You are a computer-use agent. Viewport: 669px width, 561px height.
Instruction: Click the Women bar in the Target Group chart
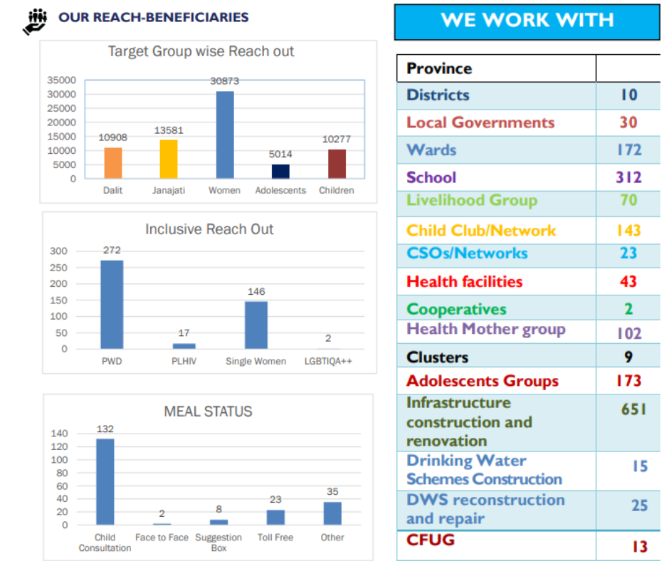pos(225,135)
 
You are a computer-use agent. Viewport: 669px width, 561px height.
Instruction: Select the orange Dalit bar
pos(113,163)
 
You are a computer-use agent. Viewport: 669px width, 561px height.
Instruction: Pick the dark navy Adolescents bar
pos(280,171)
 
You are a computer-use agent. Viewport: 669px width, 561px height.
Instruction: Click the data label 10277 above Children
pos(337,140)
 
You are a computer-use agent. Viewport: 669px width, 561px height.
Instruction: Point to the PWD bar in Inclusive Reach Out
pos(112,305)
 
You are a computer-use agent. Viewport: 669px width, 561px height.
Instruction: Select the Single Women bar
pos(256,325)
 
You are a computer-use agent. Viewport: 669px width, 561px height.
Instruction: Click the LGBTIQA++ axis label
pos(328,361)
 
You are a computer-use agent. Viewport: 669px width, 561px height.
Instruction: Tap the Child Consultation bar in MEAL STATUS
pos(105,482)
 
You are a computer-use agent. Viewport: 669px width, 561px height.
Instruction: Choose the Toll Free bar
pos(275,518)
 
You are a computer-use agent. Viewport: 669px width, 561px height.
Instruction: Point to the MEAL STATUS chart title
pos(208,411)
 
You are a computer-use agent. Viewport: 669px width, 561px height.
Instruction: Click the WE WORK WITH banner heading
pos(527,20)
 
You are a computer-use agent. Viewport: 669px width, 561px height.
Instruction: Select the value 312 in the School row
pos(628,177)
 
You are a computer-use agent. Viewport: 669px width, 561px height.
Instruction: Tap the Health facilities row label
pos(464,282)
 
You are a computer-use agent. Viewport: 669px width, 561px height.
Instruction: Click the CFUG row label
pos(430,540)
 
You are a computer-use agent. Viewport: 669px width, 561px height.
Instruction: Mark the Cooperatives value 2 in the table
pos(628,309)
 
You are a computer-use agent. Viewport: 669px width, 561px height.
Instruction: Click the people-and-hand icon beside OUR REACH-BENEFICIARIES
pos(35,21)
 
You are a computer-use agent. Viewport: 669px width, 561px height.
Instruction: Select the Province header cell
pos(439,68)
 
